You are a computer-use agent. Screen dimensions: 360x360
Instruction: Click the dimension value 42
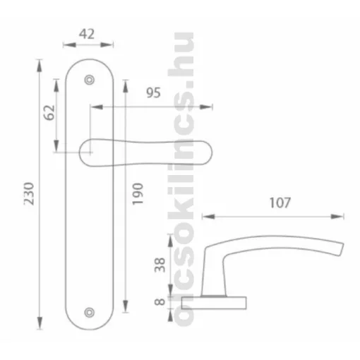[x=87, y=34]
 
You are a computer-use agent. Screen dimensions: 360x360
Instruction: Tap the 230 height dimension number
[x=29, y=193]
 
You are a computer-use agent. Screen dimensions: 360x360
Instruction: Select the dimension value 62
[x=49, y=112]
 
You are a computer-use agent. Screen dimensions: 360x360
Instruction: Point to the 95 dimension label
[x=153, y=92]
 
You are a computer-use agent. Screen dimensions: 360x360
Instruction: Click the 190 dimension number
[x=138, y=194]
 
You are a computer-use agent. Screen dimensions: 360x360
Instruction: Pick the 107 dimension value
[x=280, y=203]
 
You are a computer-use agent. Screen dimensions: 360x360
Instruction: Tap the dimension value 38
[x=160, y=265]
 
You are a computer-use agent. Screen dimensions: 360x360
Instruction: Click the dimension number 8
[x=160, y=301]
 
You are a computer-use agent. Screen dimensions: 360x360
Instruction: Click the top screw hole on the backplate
[x=90, y=80]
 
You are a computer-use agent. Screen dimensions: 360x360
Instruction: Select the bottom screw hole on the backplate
[x=90, y=313]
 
